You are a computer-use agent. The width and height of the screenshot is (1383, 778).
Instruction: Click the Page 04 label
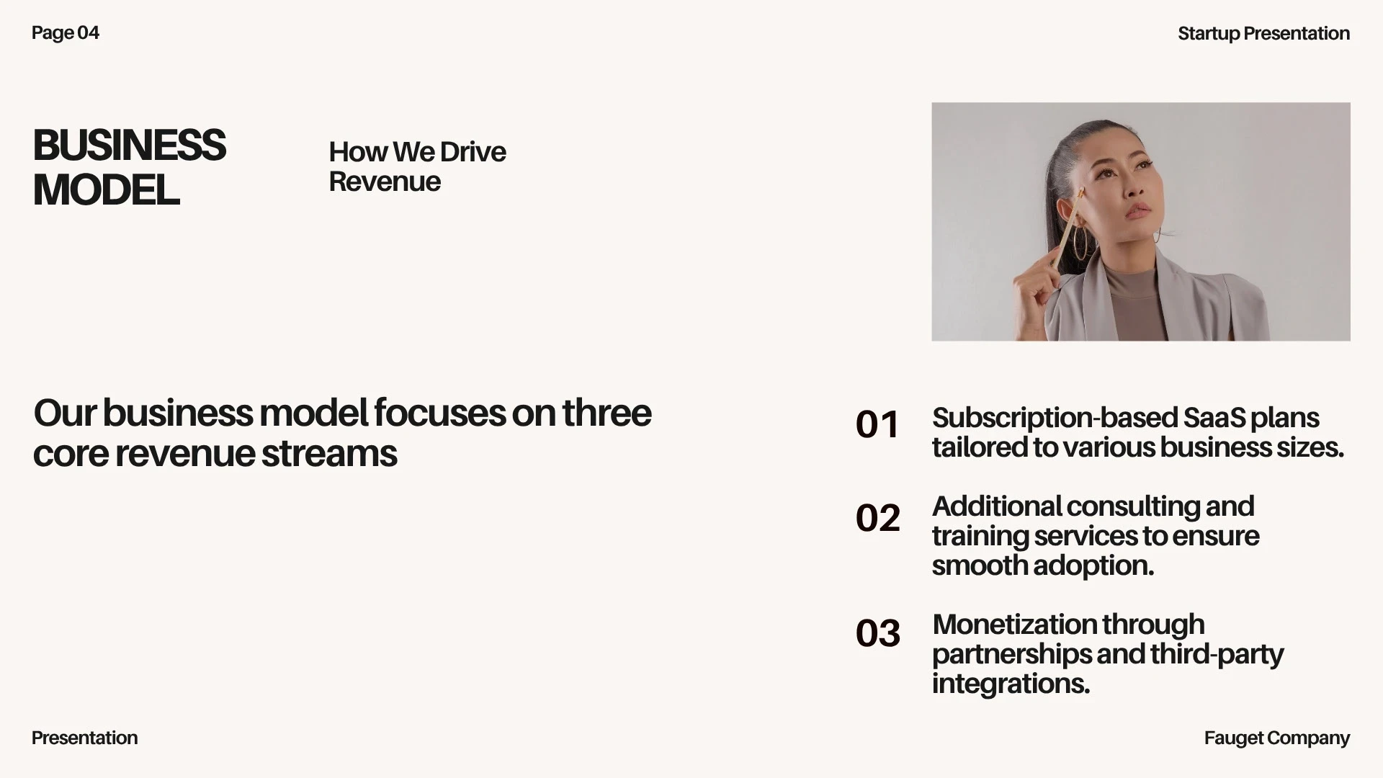[x=66, y=33]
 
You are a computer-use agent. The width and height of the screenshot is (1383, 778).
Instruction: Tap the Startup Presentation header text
[x=1263, y=34]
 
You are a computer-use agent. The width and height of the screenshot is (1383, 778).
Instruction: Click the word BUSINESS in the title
[x=130, y=146]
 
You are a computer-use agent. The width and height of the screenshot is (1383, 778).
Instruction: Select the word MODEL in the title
[x=107, y=191]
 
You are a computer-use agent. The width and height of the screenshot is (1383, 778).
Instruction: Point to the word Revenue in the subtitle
[x=385, y=182]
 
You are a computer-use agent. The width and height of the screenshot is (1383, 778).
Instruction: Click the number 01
[x=877, y=424]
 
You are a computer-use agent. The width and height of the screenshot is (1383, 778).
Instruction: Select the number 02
[x=878, y=518]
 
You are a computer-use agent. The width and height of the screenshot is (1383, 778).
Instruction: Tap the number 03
[x=878, y=633]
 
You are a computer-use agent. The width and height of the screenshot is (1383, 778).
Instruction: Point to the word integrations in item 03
[x=1011, y=684]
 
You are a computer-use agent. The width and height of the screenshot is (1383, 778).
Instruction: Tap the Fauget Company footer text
[x=1276, y=738]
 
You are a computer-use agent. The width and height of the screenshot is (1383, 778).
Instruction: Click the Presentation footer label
[x=84, y=738]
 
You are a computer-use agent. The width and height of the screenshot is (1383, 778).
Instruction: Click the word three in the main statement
[x=607, y=413]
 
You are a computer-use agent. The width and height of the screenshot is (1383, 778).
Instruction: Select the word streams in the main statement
[x=329, y=454]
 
